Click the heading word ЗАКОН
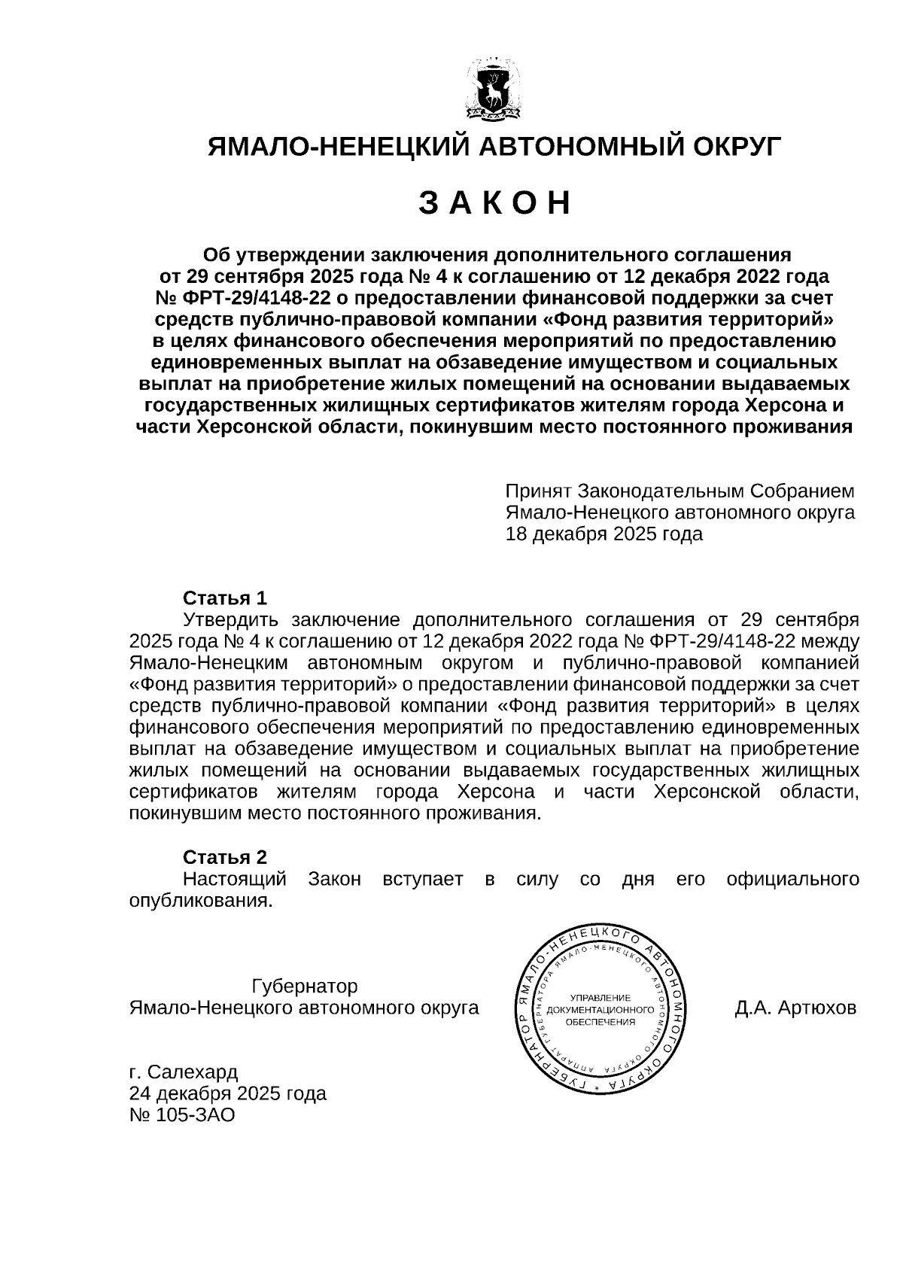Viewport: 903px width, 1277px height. (x=494, y=203)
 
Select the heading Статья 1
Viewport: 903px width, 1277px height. (x=225, y=598)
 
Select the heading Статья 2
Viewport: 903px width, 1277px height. (x=225, y=857)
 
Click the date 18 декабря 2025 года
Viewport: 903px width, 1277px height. (x=604, y=534)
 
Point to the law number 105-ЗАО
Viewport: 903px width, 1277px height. (x=195, y=1114)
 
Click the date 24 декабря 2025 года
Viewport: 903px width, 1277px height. (x=228, y=1093)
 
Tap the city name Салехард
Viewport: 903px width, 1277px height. (x=192, y=1071)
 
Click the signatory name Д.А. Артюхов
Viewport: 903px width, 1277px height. (x=795, y=1008)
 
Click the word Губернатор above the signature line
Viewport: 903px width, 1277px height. (x=305, y=986)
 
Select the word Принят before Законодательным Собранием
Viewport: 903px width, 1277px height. (x=538, y=491)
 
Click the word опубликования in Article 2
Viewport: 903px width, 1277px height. (x=200, y=901)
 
